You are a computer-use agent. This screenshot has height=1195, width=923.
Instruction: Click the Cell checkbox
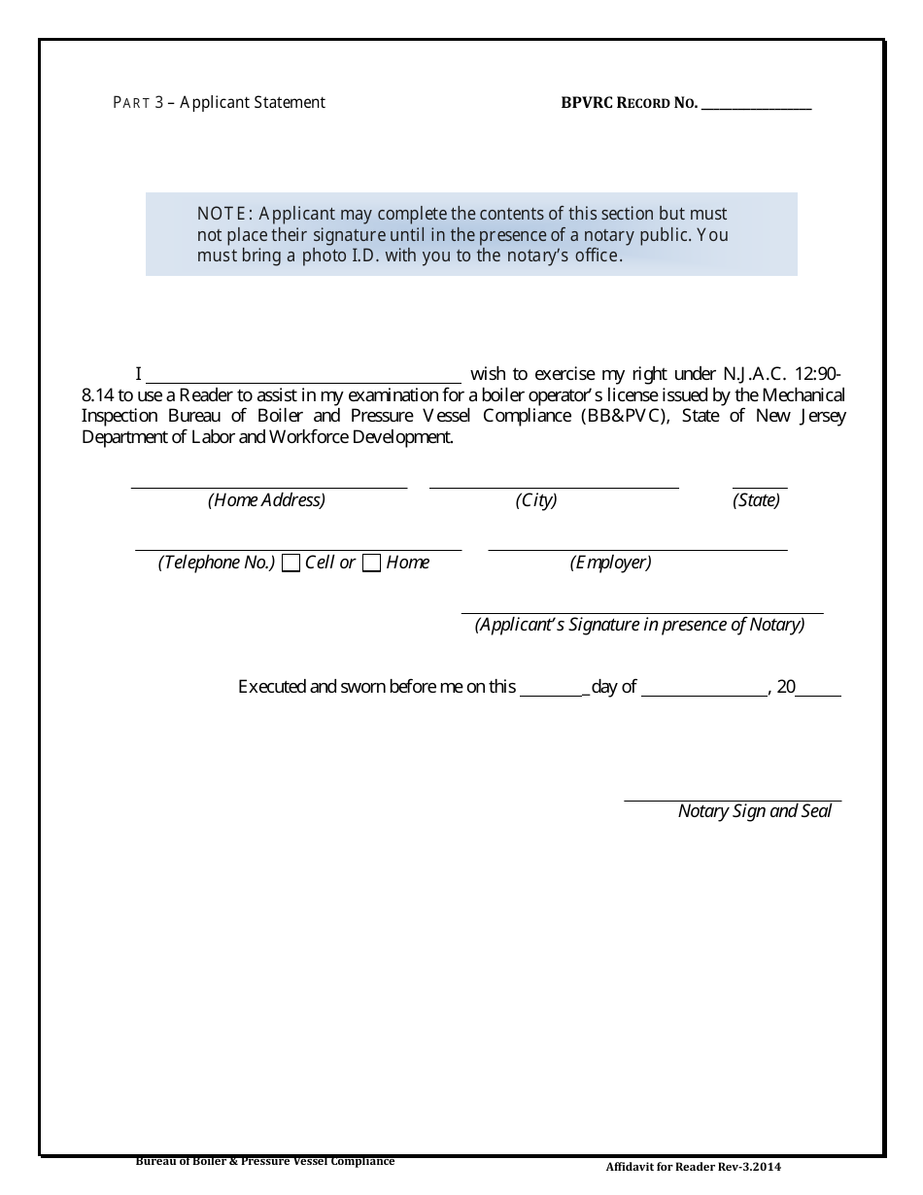(x=291, y=563)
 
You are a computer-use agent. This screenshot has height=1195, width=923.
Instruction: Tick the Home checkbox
(x=371, y=563)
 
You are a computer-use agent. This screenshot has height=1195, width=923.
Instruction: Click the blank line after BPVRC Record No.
(x=756, y=105)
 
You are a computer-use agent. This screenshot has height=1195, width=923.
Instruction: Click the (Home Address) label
(x=266, y=500)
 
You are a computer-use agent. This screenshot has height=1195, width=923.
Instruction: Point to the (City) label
(x=536, y=500)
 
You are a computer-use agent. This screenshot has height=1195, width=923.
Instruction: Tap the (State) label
(x=756, y=500)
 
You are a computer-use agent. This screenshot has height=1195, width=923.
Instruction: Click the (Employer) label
(x=610, y=563)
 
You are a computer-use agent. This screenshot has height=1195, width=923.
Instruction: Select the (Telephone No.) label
(x=217, y=563)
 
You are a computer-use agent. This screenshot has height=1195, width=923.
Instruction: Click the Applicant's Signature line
(x=641, y=609)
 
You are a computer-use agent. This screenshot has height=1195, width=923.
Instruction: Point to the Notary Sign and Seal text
(x=755, y=811)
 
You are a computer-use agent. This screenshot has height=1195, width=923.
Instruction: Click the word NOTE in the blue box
(x=224, y=214)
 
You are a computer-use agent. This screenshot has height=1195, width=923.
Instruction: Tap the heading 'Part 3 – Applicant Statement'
(x=220, y=102)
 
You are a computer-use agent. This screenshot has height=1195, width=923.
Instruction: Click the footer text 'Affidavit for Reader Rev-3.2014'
(x=693, y=1167)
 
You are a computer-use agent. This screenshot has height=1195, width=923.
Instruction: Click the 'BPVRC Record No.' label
(x=629, y=103)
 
